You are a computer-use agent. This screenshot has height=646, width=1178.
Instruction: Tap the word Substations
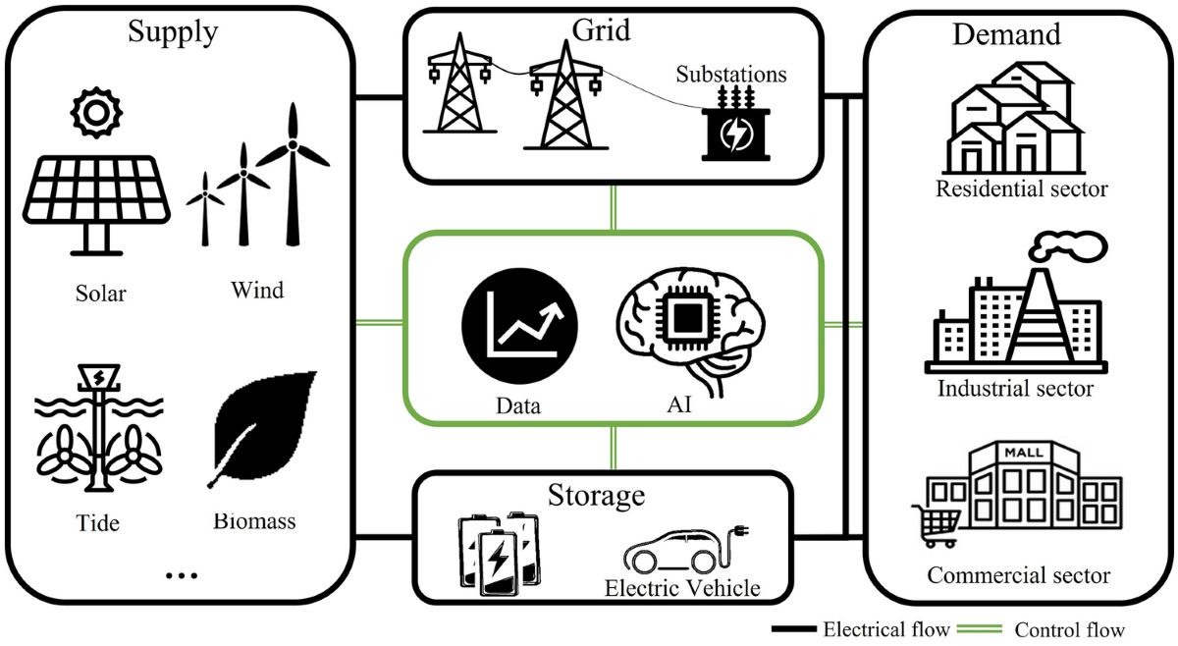[732, 75]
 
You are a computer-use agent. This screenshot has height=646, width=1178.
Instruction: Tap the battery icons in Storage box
[501, 555]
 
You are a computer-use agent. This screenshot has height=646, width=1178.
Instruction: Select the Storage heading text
[597, 494]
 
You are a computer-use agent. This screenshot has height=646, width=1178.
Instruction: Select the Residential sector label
[1021, 188]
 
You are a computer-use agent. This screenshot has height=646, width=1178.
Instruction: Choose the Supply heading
[173, 32]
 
